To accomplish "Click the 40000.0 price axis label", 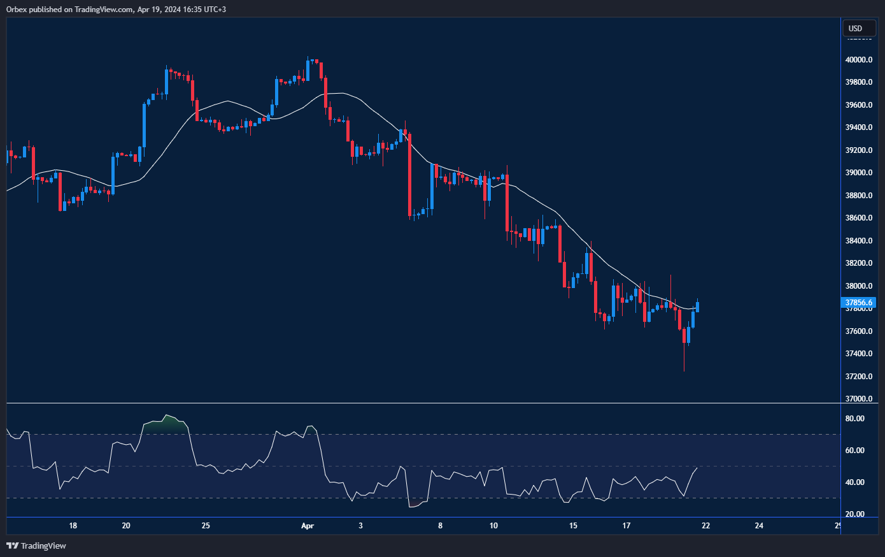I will click(x=858, y=60).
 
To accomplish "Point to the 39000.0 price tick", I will click(x=858, y=173).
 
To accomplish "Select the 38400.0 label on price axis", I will click(x=858, y=241).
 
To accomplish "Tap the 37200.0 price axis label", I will click(x=858, y=377).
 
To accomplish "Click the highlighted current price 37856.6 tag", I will click(x=858, y=303).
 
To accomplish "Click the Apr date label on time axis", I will click(x=308, y=526).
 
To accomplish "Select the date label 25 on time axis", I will click(x=206, y=526).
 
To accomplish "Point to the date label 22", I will click(x=705, y=526).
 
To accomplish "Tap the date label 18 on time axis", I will click(x=73, y=526).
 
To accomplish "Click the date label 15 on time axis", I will click(x=573, y=526).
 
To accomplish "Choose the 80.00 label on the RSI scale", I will click(x=854, y=419).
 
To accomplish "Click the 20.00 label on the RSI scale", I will click(x=854, y=514).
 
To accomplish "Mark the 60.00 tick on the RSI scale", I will click(x=854, y=451).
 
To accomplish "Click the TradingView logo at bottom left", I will click(x=36, y=546).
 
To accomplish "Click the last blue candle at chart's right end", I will click(x=698, y=307).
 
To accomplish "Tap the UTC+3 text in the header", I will click(x=214, y=10).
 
